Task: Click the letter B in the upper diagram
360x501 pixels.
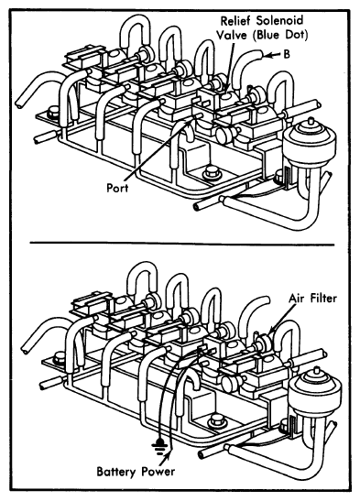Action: click(x=287, y=54)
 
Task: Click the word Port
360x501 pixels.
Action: click(x=117, y=188)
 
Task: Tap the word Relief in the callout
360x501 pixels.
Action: click(x=235, y=21)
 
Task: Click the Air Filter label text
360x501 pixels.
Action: click(x=312, y=298)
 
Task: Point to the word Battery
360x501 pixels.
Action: click(x=116, y=472)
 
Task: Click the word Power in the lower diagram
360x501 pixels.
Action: click(x=158, y=472)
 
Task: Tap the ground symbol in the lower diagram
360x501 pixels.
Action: click(x=158, y=445)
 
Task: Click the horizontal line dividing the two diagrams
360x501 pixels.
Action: click(x=182, y=244)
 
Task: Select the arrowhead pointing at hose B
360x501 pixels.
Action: click(x=267, y=55)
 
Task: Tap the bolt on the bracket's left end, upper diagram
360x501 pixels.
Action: click(x=53, y=113)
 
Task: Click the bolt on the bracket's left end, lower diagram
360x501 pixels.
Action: click(x=60, y=357)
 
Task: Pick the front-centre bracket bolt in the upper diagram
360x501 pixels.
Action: click(x=211, y=171)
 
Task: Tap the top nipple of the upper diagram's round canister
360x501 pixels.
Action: click(x=310, y=122)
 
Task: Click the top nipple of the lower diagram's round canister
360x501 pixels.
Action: click(x=316, y=370)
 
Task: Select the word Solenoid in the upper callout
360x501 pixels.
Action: click(x=278, y=21)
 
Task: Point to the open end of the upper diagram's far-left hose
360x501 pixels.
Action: click(x=19, y=104)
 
